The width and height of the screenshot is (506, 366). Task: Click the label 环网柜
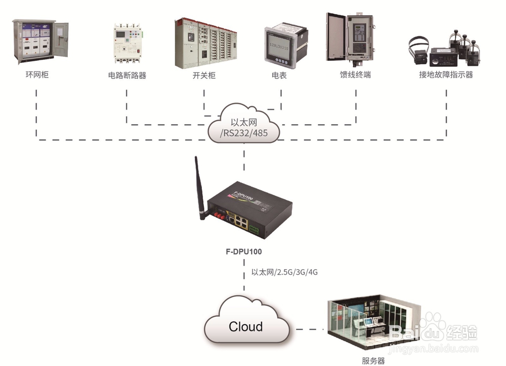point(37,75)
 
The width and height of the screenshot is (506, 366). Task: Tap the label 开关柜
point(204,75)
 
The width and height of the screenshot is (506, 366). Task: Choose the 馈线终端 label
point(355,75)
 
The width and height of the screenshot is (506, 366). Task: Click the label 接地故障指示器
point(446,75)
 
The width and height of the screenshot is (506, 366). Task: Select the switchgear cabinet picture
point(205,43)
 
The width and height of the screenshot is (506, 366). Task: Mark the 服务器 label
point(373,361)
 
